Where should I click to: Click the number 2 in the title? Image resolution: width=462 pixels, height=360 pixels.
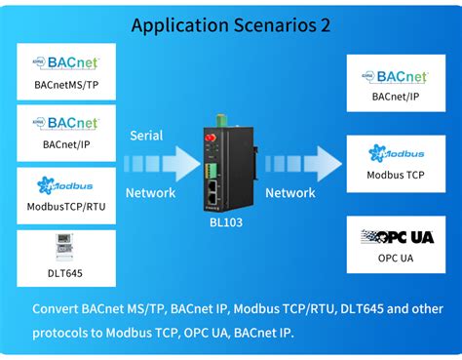tap(326, 25)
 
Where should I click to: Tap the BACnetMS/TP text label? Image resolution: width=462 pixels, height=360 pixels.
tap(66, 85)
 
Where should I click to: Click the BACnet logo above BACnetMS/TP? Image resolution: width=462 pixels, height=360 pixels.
tap(66, 62)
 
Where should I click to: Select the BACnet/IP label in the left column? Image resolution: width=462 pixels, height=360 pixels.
tap(66, 144)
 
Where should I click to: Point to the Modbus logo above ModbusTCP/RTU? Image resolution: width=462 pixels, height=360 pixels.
tap(65, 185)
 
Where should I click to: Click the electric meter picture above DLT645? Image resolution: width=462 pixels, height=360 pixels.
tap(64, 247)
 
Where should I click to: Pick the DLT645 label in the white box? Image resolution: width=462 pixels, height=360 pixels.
tap(65, 273)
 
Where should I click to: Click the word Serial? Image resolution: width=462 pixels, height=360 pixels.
tap(146, 136)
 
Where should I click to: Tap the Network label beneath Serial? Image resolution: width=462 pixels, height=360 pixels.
tap(150, 193)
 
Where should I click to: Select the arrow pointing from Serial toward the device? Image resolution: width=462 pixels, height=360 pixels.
tap(162, 164)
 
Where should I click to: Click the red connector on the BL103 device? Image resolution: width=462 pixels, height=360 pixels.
tap(211, 138)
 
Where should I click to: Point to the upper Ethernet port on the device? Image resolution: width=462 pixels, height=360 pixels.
tap(212, 186)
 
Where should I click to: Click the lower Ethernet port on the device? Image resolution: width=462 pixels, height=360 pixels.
tap(212, 199)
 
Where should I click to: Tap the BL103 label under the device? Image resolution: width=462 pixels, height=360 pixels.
tap(226, 222)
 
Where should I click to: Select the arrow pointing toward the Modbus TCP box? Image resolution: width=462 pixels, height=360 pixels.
tap(303, 164)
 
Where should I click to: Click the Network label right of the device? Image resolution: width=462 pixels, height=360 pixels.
tap(290, 193)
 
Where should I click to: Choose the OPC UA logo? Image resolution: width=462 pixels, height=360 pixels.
tap(397, 237)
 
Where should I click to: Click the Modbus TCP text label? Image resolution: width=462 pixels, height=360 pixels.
tap(396, 175)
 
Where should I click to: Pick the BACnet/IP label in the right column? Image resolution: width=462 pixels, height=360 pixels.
tap(396, 97)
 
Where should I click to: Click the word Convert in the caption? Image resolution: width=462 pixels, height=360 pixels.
tap(56, 308)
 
